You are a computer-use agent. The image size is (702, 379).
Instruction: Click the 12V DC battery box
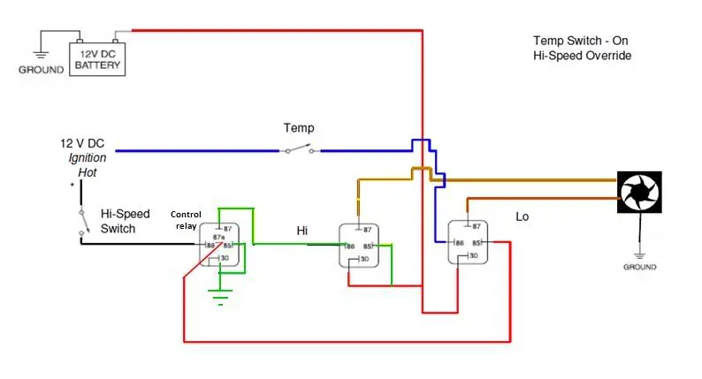coord(97,59)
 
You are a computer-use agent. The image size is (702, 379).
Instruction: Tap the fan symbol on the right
coord(639,192)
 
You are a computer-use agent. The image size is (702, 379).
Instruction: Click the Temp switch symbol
coord(300,149)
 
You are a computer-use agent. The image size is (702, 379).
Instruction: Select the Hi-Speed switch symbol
coord(83,221)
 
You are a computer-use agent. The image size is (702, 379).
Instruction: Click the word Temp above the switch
coord(299,128)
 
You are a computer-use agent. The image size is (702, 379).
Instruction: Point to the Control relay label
coord(186,220)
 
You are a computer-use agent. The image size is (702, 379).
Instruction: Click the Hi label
coord(302,231)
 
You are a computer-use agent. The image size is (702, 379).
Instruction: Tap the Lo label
coord(522,216)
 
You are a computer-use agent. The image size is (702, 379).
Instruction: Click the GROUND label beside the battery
coord(42,70)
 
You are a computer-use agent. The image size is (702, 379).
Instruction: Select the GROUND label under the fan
coord(640,267)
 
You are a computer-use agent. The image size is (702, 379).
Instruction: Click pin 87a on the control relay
coord(218,237)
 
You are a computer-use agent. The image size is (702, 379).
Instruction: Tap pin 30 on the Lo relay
coord(473,255)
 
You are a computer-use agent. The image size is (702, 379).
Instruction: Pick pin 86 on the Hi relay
coord(350,246)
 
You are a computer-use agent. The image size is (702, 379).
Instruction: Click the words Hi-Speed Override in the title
coord(582,56)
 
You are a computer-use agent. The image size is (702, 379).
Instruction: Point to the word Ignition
coord(88,158)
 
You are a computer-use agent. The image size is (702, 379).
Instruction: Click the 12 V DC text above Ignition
coord(82,143)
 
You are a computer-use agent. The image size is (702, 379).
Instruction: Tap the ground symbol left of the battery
coord(41,55)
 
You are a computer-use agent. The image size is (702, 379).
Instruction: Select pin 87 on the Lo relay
coord(477,226)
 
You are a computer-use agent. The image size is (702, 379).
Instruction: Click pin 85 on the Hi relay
coord(368,246)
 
